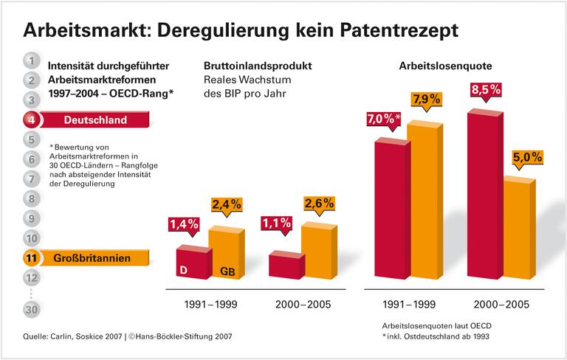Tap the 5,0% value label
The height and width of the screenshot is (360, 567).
click(x=527, y=157)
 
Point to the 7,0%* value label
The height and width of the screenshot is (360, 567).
click(x=380, y=118)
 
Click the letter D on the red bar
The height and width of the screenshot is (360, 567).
click(x=182, y=271)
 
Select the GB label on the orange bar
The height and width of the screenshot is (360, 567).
click(x=227, y=272)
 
